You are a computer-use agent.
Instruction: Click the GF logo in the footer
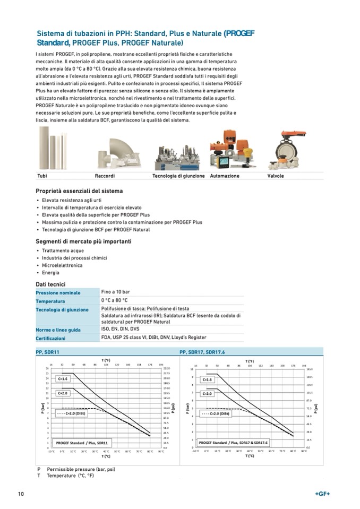click(x=322, y=494)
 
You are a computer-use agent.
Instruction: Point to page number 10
click(x=21, y=494)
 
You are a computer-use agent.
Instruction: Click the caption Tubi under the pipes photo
click(x=42, y=176)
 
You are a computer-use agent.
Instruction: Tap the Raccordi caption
click(x=105, y=176)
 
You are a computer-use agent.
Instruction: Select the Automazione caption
click(x=225, y=176)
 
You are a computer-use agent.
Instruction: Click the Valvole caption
click(x=276, y=176)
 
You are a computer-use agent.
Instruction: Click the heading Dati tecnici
click(x=50, y=284)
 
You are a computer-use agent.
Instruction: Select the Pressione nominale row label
click(x=58, y=293)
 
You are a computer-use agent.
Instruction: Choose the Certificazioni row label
click(x=50, y=338)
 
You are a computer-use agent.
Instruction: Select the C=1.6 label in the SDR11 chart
click(x=63, y=379)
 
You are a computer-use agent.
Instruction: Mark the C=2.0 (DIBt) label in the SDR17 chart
click(x=216, y=413)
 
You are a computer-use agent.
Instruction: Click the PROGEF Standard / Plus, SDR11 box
click(x=82, y=442)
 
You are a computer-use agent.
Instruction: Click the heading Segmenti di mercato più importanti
click(x=83, y=241)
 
